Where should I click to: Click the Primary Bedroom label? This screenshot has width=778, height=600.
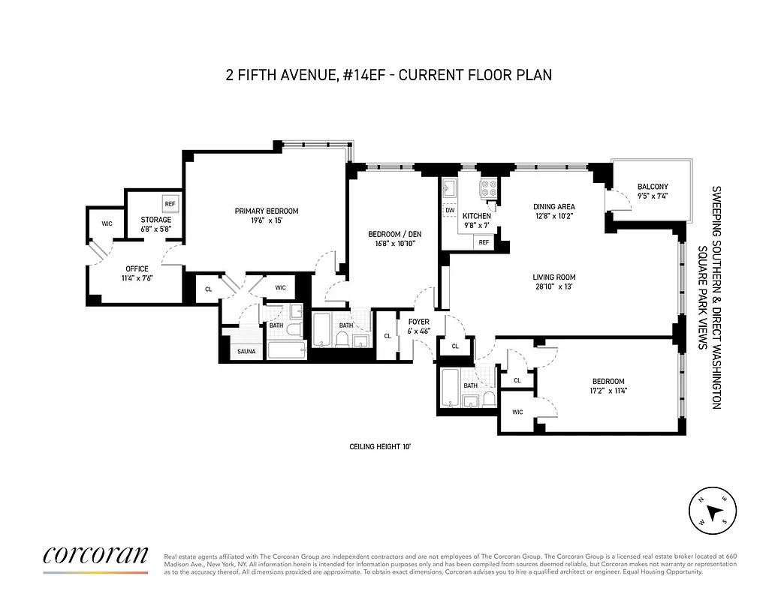point(267,211)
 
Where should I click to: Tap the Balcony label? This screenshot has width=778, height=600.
point(652,187)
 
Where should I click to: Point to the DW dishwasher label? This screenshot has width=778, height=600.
point(450,211)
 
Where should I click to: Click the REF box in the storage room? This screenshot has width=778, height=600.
point(170,204)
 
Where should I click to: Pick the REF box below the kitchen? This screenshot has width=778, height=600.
point(484,242)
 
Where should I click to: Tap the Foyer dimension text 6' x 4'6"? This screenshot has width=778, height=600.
point(418,331)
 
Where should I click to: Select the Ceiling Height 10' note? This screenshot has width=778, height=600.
point(380,446)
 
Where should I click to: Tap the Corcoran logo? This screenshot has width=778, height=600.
point(95,555)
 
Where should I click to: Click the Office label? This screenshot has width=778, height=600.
point(137,268)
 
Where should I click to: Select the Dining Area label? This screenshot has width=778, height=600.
point(553,207)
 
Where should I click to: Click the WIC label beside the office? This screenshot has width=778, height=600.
point(106,223)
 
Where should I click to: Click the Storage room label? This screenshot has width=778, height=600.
point(156,220)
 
